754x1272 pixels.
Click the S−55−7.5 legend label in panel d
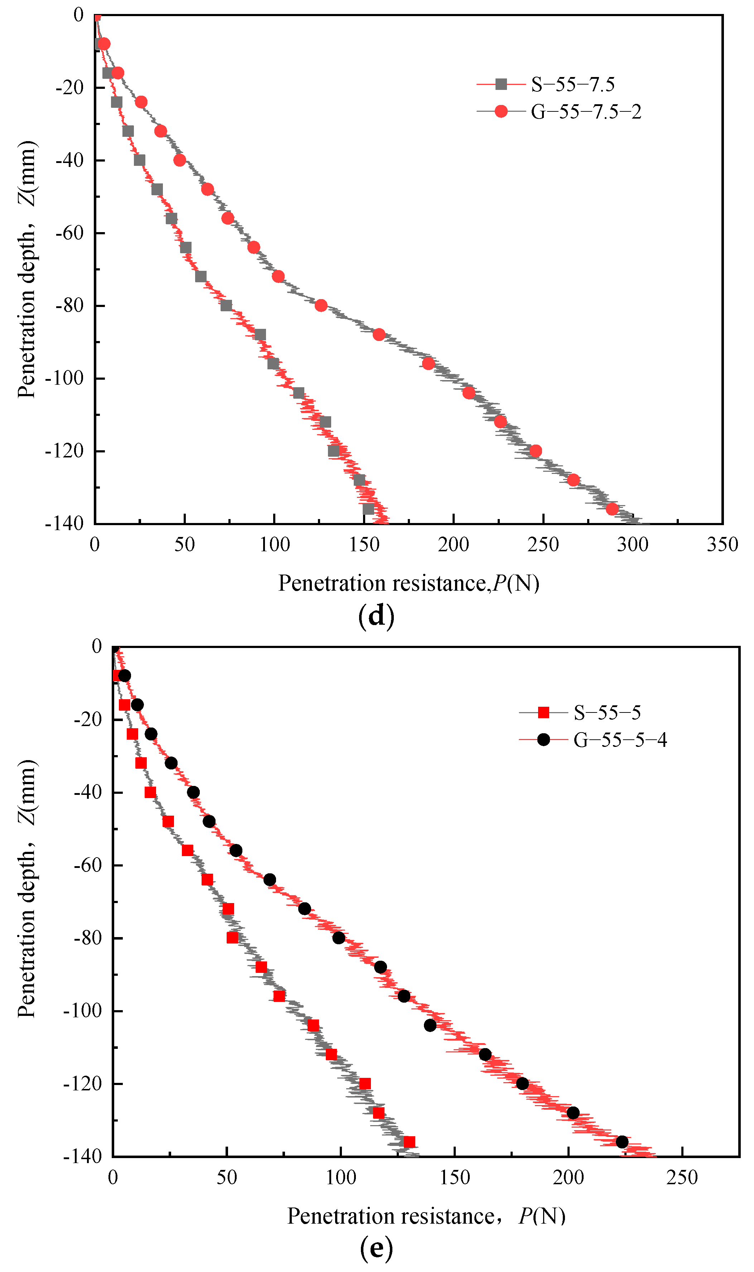(x=572, y=85)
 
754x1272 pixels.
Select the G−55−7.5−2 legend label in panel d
(x=586, y=111)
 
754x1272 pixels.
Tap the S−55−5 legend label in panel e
(x=607, y=712)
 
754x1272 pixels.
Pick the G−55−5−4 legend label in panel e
(x=620, y=740)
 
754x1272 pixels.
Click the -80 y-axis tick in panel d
(x=69, y=306)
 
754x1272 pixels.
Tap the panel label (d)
(x=376, y=616)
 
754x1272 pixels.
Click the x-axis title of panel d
(x=409, y=584)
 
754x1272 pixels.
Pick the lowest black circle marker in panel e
(x=622, y=1142)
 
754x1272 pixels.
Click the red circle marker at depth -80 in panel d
(x=320, y=306)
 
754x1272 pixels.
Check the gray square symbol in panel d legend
(x=501, y=85)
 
